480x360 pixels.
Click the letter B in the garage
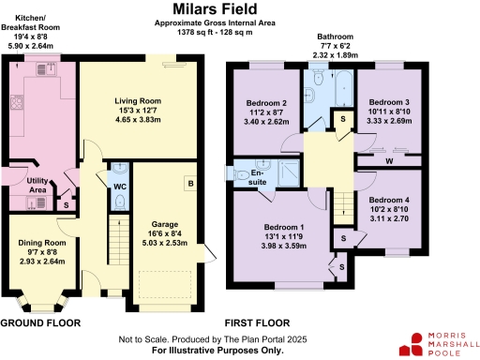[189, 183]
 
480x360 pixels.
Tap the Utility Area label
[37, 184]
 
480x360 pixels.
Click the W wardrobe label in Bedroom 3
[387, 159]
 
